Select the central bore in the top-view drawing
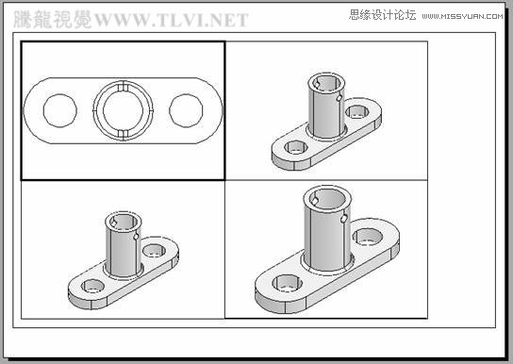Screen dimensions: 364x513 (x=124, y=110)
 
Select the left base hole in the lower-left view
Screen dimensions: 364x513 (x=92, y=285)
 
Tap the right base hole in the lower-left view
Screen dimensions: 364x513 (x=154, y=252)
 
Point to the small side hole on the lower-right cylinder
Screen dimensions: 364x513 (x=344, y=220)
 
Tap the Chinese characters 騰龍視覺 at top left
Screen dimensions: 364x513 (x=52, y=20)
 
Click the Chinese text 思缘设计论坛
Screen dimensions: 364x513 (x=382, y=15)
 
